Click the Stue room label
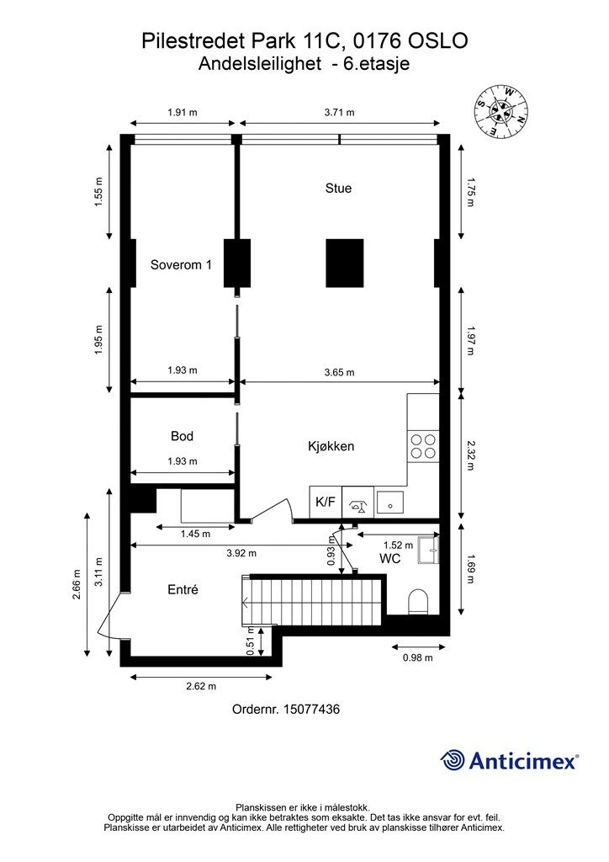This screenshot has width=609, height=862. pos(338,189)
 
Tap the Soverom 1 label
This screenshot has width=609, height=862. pos(181,265)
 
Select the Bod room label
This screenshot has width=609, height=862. pos(182,436)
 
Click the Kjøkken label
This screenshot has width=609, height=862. pos(331,447)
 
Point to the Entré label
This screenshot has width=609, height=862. pos(183,590)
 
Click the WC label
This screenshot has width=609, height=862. pos(389,559)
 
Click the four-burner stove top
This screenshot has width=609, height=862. pos(422,446)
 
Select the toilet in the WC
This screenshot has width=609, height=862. pos(417,602)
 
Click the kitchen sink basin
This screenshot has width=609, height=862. pos(389,503)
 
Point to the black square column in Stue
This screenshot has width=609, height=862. pos(345,263)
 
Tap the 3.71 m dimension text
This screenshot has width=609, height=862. pos(339,112)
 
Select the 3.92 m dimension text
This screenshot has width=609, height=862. pos(241,553)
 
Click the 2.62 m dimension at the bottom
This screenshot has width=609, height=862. pos(200,685)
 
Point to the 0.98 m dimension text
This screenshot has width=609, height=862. pos(417,657)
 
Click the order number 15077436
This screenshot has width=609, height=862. pos(285,710)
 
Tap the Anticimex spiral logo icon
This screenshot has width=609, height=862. pos(453,760)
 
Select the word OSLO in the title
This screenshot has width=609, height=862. pos(437,41)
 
